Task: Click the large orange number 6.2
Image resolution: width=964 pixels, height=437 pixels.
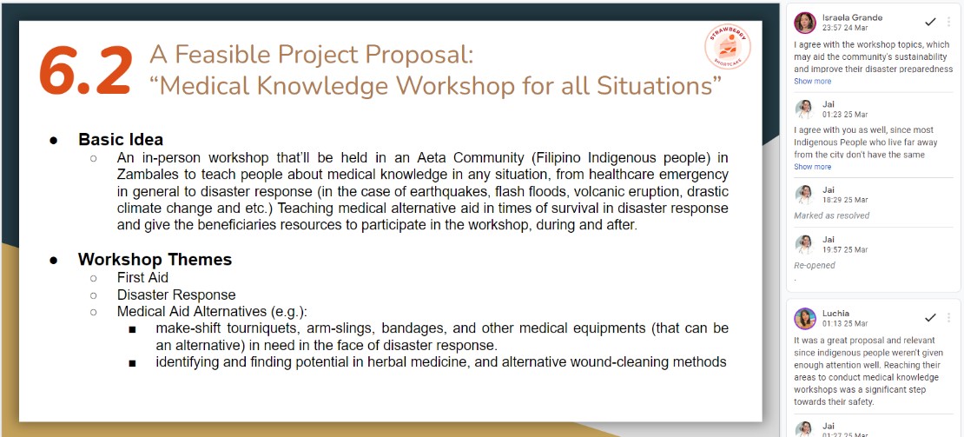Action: pyautogui.click(x=85, y=70)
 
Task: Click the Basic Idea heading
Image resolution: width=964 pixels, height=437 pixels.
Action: pyautogui.click(x=121, y=140)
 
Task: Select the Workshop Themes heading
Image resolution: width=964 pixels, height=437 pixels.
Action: pyautogui.click(x=155, y=260)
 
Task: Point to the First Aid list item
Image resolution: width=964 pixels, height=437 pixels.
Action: pyautogui.click(x=142, y=278)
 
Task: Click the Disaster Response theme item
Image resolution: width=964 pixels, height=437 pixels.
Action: pyautogui.click(x=176, y=295)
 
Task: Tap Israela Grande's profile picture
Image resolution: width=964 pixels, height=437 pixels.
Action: pyautogui.click(x=805, y=23)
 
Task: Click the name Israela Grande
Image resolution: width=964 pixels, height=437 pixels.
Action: pyautogui.click(x=852, y=17)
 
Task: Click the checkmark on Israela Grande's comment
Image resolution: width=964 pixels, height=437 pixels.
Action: pyautogui.click(x=930, y=22)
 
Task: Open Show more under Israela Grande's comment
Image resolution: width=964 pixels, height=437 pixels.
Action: pyautogui.click(x=812, y=81)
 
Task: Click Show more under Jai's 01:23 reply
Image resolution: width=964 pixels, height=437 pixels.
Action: pyautogui.click(x=812, y=167)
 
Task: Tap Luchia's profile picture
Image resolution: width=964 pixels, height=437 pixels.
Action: pyautogui.click(x=805, y=318)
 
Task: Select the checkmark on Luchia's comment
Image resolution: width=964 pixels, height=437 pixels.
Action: pyautogui.click(x=930, y=317)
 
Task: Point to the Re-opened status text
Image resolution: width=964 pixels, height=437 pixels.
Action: pyautogui.click(x=815, y=266)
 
